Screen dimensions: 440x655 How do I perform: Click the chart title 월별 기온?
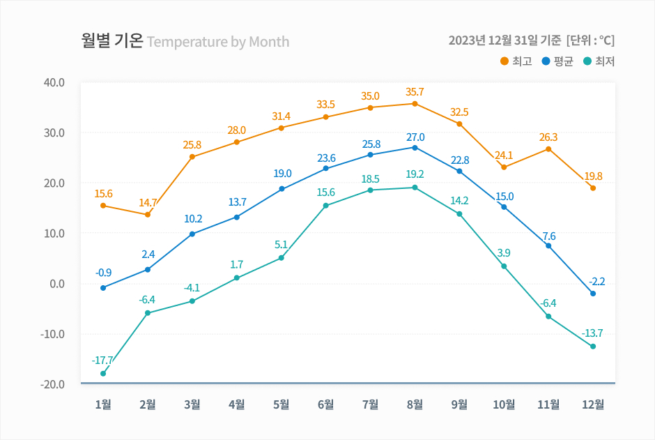(112, 40)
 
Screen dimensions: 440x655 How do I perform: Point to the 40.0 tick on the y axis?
(54, 82)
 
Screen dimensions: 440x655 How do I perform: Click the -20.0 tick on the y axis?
(54, 384)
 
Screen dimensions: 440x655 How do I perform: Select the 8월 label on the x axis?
(415, 404)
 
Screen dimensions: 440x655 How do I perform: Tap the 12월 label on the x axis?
(593, 404)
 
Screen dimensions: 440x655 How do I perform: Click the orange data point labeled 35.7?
(415, 104)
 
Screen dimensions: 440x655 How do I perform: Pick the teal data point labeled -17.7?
(103, 374)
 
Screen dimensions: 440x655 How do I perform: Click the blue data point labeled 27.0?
(415, 148)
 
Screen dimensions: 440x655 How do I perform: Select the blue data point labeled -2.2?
(593, 294)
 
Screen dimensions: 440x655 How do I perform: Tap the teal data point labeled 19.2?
(415, 188)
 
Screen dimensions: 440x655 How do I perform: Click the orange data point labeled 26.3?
(548, 149)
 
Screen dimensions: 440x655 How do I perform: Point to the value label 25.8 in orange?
(192, 145)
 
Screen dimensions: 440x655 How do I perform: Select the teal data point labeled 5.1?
(282, 258)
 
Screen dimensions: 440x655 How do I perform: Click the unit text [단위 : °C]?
(591, 40)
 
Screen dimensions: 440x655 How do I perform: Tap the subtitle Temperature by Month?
(218, 42)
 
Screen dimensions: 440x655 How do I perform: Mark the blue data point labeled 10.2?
(192, 234)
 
